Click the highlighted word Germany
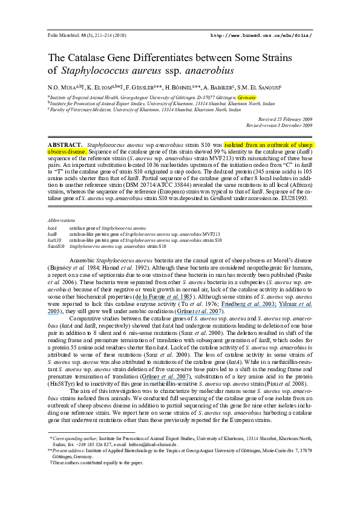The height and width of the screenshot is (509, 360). tap(247, 97)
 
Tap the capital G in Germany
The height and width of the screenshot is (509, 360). tap(240, 97)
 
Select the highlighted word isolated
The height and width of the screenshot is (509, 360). tap(234, 145)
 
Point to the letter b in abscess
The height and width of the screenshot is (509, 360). tap(51, 151)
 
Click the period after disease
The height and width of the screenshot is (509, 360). tap(87, 152)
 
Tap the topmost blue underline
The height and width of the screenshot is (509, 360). tap(163, 299)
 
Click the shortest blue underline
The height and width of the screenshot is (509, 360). tap(53, 314)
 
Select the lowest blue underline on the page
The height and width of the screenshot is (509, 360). tap(165, 380)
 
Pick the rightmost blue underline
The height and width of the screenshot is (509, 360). tap(295, 307)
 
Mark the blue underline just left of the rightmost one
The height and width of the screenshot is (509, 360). tap(249, 307)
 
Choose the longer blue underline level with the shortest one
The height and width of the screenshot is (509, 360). tap(198, 314)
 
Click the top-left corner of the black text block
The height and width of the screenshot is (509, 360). tap(47, 30)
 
